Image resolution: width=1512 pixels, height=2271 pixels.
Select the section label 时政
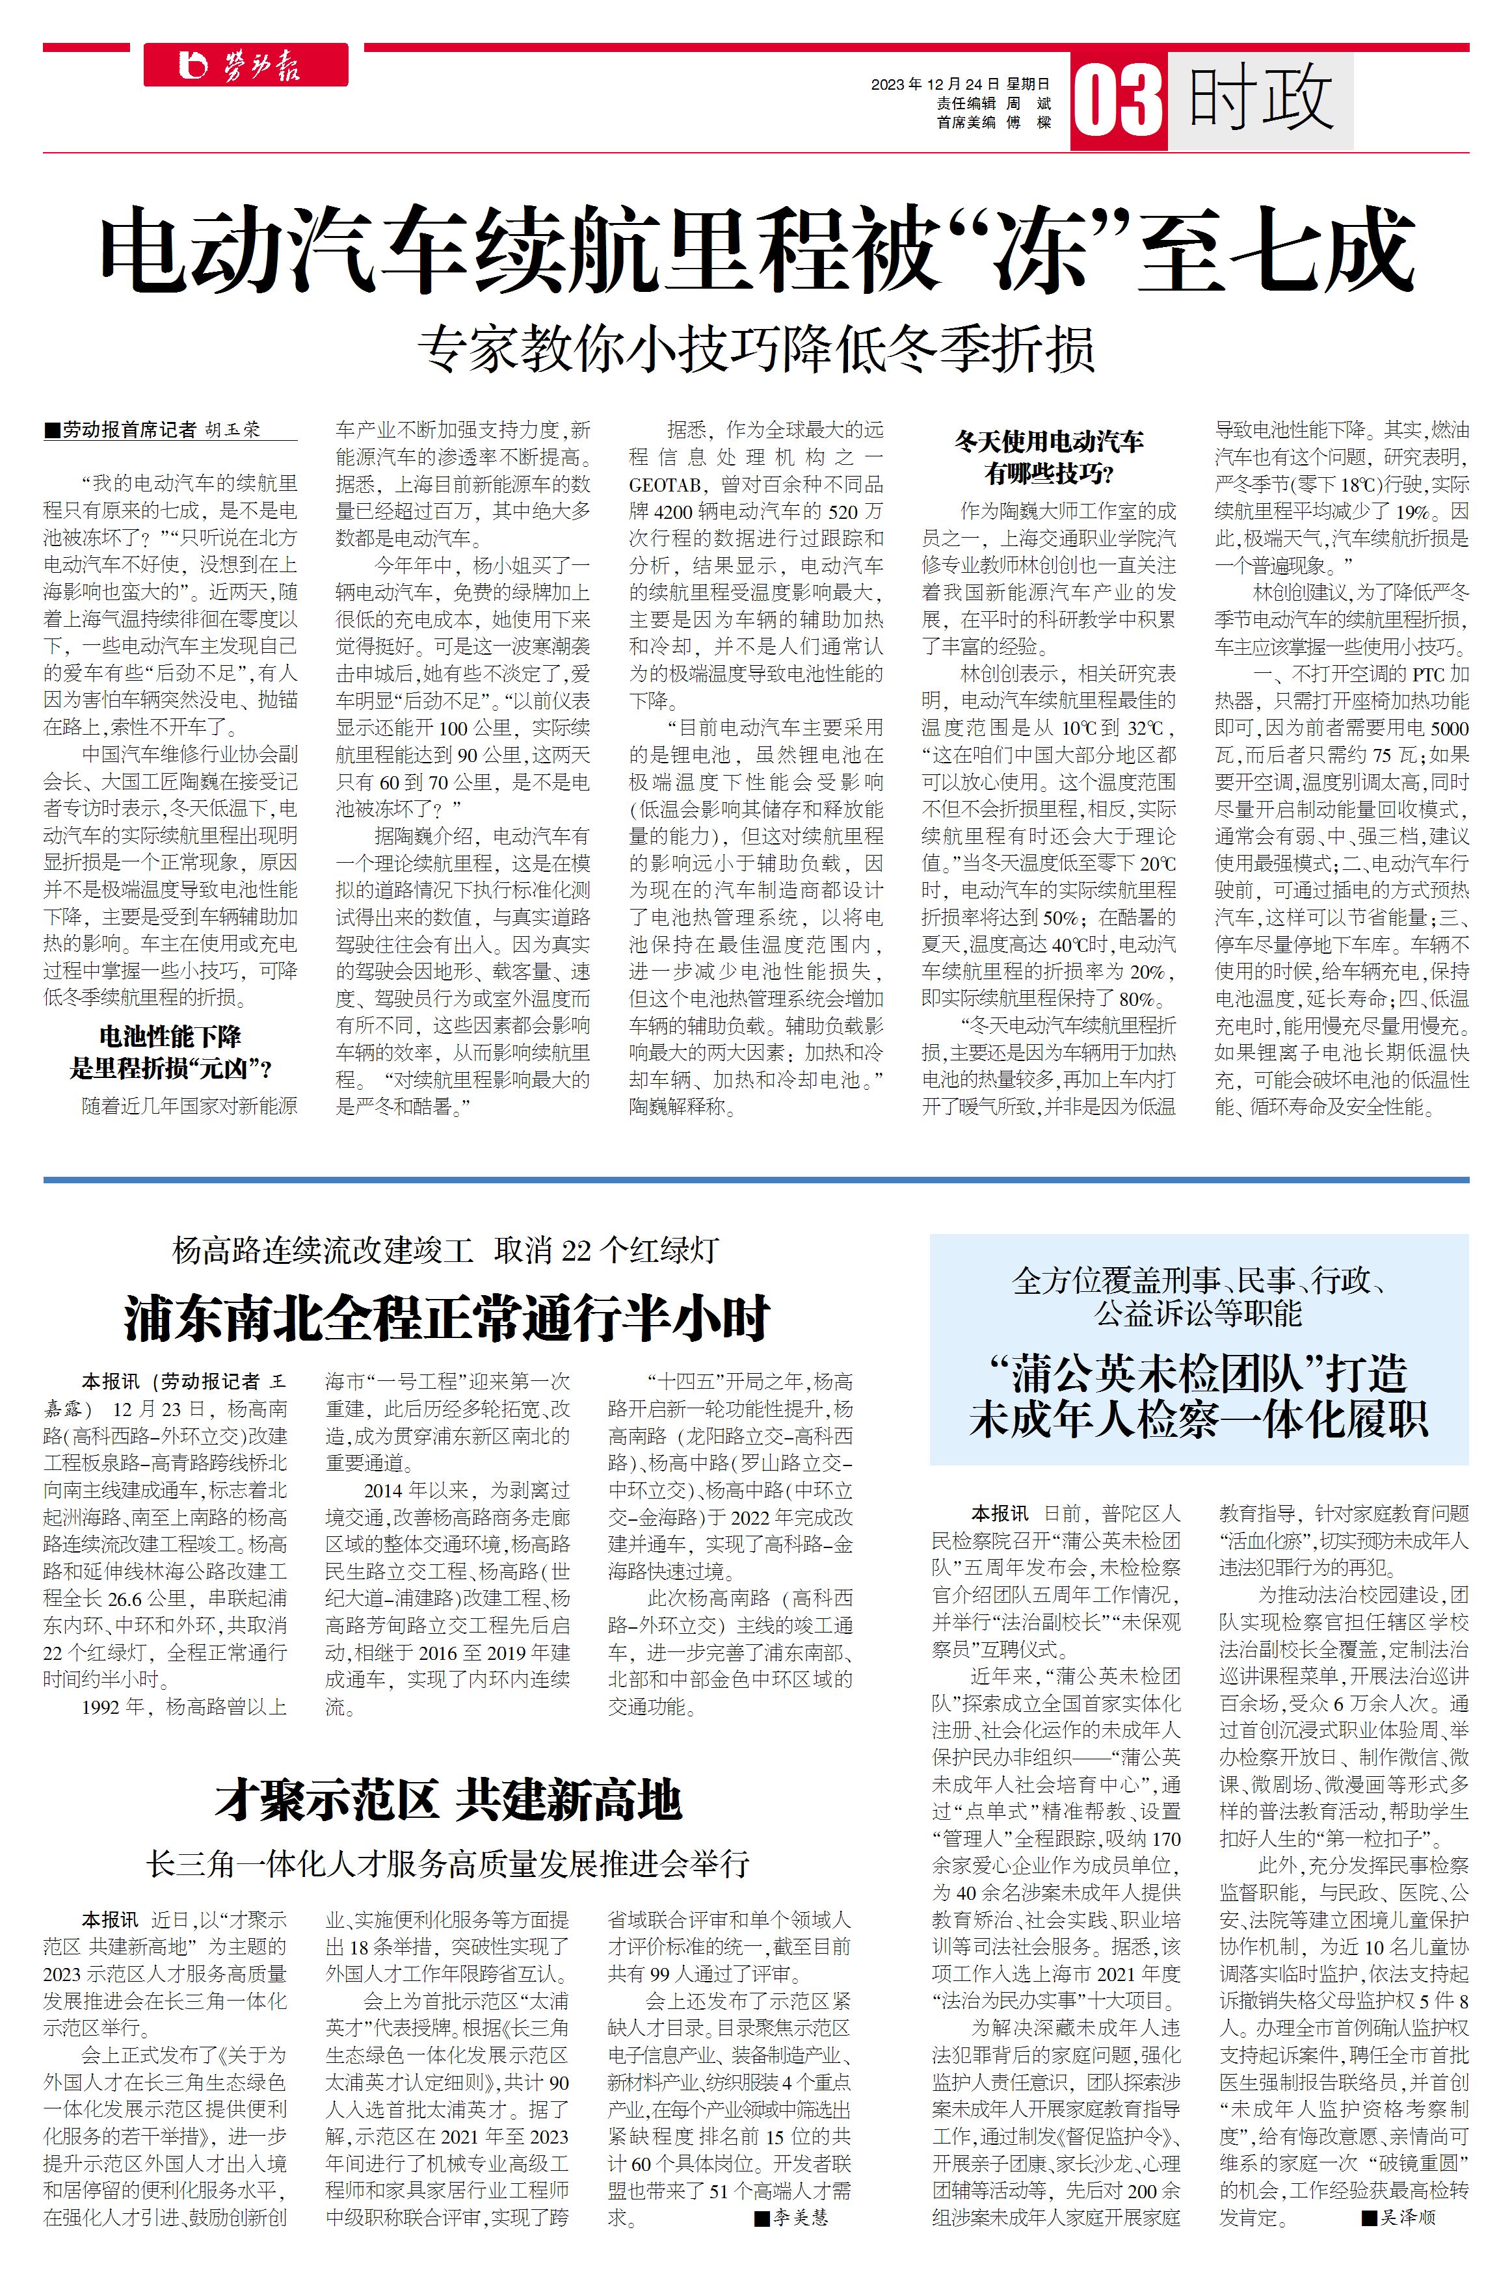[x=1260, y=98]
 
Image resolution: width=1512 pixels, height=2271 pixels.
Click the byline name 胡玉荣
[x=232, y=430]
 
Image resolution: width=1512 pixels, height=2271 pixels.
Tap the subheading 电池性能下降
[x=170, y=1037]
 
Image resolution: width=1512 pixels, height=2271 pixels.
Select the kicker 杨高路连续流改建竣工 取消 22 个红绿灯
[x=445, y=1250]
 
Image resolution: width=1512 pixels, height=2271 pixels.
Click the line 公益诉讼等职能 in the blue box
[x=1198, y=1313]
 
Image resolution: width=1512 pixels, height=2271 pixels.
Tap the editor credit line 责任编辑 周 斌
[x=993, y=103]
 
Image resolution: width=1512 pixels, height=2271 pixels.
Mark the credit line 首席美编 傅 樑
[x=993, y=122]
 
